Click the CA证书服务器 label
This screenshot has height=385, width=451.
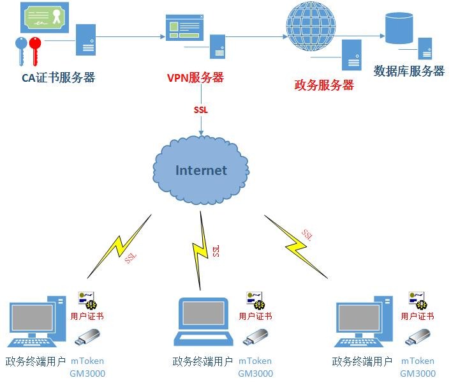[57, 78]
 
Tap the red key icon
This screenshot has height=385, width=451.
[33, 50]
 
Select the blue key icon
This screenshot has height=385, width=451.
[20, 50]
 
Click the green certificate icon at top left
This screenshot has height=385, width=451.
[47, 17]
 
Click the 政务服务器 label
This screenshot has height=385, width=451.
[323, 85]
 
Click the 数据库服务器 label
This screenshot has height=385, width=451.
[409, 71]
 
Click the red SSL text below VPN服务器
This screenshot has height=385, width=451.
[201, 109]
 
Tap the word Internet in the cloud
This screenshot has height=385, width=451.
[201, 170]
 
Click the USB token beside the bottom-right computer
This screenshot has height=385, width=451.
[418, 337]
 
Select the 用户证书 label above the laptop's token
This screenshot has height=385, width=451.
[255, 316]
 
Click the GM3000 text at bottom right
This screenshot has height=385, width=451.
[418, 374]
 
